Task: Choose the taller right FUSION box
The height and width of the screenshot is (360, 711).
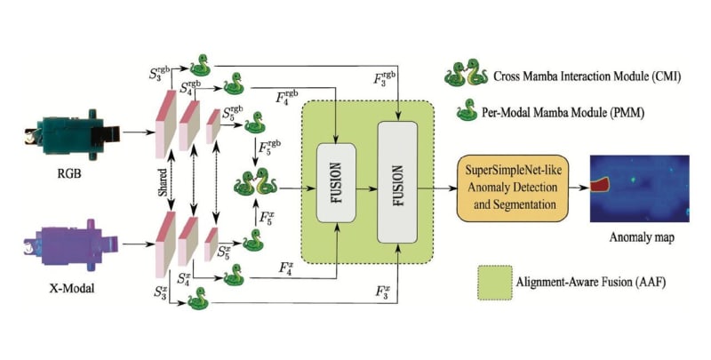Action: (396, 182)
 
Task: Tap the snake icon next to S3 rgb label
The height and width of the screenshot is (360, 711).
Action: (203, 64)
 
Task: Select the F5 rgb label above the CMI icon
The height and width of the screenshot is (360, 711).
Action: (269, 145)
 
